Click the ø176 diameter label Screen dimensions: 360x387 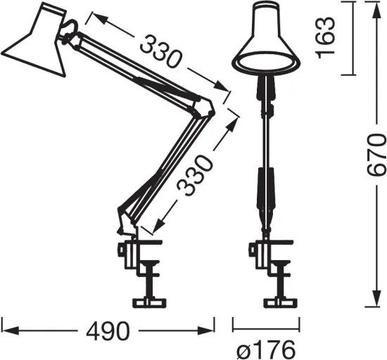click(x=267, y=347)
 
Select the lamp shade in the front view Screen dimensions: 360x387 click(x=266, y=42)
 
